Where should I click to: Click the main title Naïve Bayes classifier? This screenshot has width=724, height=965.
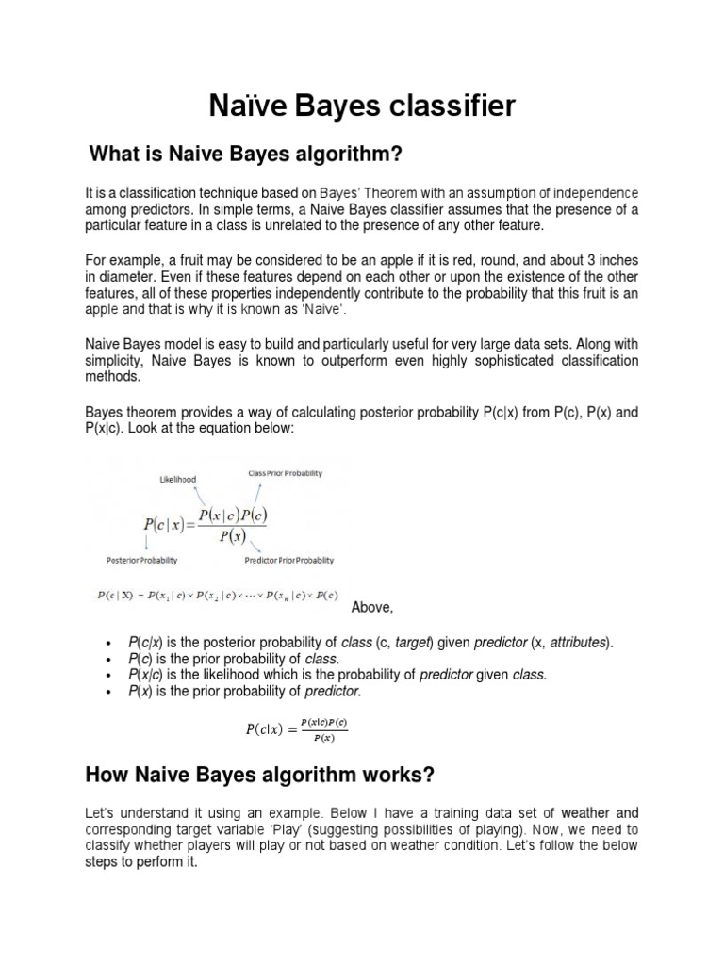point(362,106)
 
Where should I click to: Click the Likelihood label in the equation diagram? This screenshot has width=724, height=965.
point(177,480)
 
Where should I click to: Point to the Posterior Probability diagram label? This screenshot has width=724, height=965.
point(141,560)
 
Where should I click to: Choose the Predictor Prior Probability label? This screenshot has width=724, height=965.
point(289,560)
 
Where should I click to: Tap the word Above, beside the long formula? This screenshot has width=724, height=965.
point(371,607)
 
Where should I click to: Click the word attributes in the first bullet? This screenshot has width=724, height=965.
point(578,643)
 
